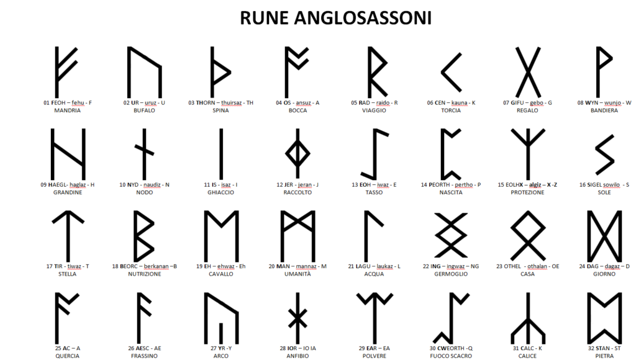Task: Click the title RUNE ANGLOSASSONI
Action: pos(335,19)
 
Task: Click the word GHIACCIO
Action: pos(221,192)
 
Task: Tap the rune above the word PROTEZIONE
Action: pos(527,152)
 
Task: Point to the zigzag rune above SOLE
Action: pos(604,152)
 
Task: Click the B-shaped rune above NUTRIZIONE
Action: pos(145,235)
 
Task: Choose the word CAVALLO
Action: pos(221,274)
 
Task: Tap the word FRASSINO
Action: pos(145,356)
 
